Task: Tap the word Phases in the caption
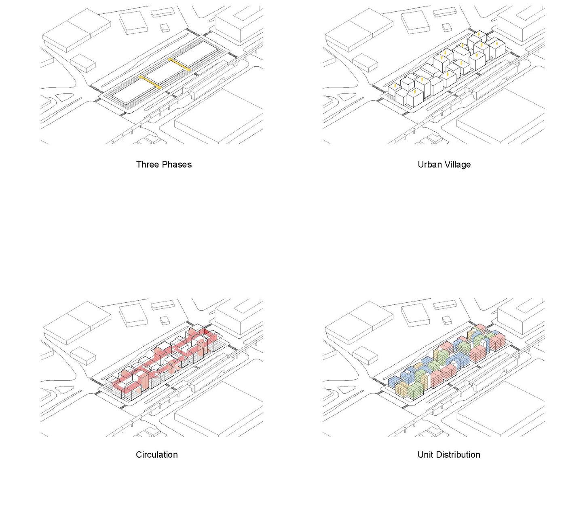click(x=177, y=164)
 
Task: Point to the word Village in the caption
click(x=458, y=164)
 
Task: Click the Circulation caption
click(x=156, y=454)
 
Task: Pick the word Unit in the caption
click(x=425, y=454)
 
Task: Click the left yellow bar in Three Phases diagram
click(x=150, y=81)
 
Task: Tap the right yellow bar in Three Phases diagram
click(x=179, y=64)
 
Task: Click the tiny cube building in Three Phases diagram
click(x=165, y=28)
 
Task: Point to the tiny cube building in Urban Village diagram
click(x=446, y=28)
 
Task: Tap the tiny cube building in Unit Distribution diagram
click(x=446, y=320)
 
